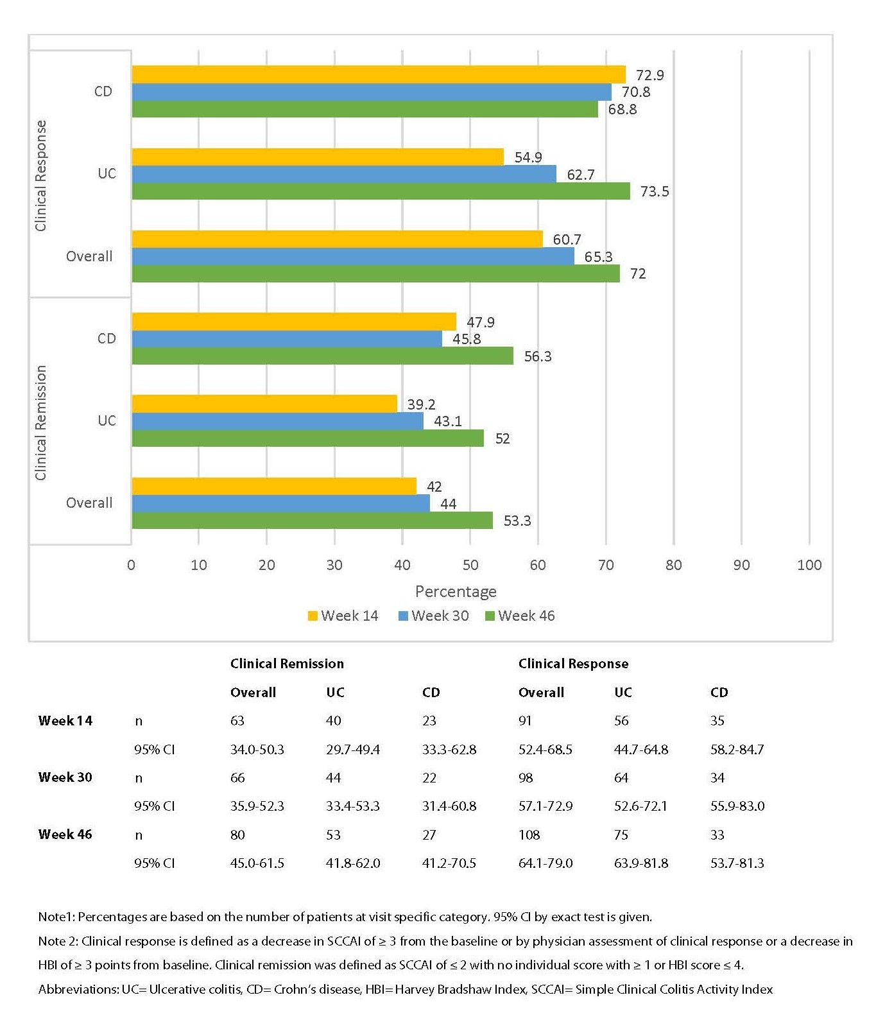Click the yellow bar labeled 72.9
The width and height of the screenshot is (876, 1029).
[x=379, y=74]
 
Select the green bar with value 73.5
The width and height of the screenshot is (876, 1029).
[x=381, y=191]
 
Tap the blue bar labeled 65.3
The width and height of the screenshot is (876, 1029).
[x=353, y=256]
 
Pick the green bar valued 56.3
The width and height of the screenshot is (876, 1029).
[x=323, y=356]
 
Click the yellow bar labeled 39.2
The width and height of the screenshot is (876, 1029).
[x=264, y=404]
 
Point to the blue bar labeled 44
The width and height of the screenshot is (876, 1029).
[x=280, y=503]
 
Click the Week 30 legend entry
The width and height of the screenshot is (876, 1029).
[x=434, y=616]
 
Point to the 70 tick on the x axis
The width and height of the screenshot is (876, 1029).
[x=606, y=565]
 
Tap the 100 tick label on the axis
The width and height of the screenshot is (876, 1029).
[x=809, y=565]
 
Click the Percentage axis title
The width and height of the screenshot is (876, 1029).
[x=456, y=591]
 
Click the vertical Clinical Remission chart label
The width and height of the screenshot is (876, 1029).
[x=41, y=422]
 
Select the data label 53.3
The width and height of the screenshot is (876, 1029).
[x=517, y=521]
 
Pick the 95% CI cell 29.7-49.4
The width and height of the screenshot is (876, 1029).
[x=353, y=749]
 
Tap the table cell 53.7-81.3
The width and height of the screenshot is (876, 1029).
[x=737, y=863]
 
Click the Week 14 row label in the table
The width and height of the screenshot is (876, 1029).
[x=65, y=720]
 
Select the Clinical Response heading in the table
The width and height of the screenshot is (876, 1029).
[x=573, y=663]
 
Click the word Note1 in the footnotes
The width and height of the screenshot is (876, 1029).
[x=56, y=917]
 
